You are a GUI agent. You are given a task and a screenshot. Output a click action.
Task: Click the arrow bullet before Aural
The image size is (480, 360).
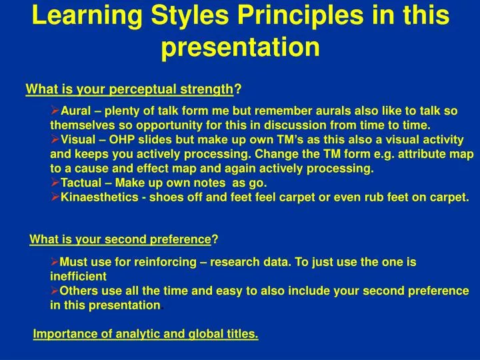click(x=55, y=110)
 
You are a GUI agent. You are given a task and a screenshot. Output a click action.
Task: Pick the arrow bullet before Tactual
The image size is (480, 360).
click(x=55, y=183)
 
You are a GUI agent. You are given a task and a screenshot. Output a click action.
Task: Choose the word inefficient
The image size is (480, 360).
click(x=78, y=276)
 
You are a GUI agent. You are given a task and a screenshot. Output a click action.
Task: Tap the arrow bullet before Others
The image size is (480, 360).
click(x=55, y=290)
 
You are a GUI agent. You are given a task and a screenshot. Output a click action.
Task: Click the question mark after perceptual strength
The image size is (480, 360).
click(x=238, y=89)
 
